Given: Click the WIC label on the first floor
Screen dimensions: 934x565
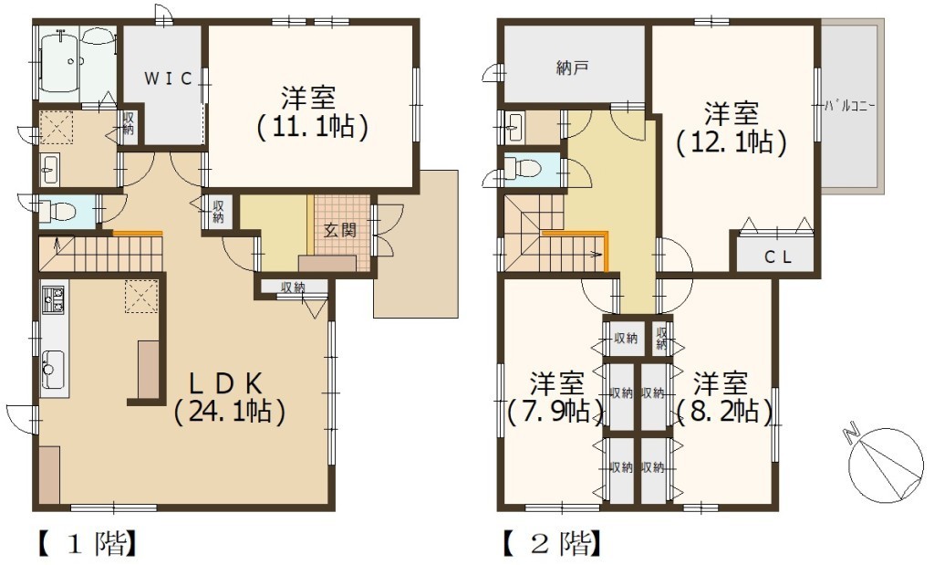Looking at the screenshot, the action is point(168,78).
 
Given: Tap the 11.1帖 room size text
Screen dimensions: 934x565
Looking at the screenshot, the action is point(312,126).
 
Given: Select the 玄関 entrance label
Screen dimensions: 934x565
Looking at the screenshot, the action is point(339,229).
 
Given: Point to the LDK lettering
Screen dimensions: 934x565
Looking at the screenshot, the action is point(226,382).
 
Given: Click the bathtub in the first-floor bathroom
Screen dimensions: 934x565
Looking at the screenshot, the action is point(59,62).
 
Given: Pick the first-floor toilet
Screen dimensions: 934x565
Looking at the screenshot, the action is point(58,211).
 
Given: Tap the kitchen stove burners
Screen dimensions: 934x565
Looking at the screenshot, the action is point(54,299).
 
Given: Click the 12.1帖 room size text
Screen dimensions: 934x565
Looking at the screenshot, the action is point(732,142).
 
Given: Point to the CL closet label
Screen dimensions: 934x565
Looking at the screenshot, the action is point(777,256).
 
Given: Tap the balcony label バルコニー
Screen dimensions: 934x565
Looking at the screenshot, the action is point(850,108).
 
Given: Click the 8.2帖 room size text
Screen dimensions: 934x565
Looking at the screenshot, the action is point(724,411).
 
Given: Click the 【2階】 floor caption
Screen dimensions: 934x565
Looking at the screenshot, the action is point(552,543).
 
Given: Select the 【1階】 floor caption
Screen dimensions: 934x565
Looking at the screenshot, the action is point(88,543).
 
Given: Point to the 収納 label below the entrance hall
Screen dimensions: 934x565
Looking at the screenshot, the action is point(293,288).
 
